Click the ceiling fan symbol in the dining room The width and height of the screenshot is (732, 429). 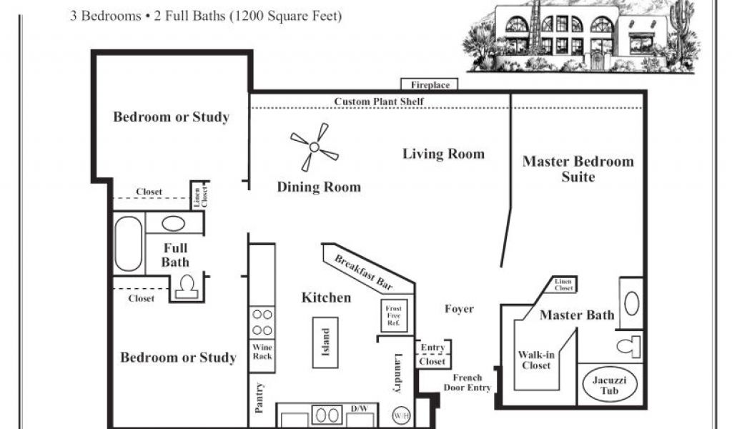pyautogui.click(x=315, y=147)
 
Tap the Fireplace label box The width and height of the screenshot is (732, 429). pyautogui.click(x=430, y=84)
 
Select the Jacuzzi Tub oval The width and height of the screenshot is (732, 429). pyautogui.click(x=609, y=385)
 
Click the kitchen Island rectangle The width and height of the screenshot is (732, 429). pyautogui.click(x=325, y=342)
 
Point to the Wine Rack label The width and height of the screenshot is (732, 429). pyautogui.click(x=262, y=352)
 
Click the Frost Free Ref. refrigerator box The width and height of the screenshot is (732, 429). pyautogui.click(x=394, y=315)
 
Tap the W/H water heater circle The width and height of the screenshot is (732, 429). pyautogui.click(x=401, y=415)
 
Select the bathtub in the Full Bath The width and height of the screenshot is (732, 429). pyautogui.click(x=129, y=243)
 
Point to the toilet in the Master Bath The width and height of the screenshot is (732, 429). pyautogui.click(x=628, y=346)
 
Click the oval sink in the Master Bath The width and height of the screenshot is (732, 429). pyautogui.click(x=632, y=303)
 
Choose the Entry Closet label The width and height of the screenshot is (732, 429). pyautogui.click(x=432, y=355)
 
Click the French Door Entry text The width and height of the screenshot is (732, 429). pyautogui.click(x=468, y=383)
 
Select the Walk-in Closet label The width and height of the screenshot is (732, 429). pyautogui.click(x=536, y=360)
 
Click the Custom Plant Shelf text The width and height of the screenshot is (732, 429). pyautogui.click(x=379, y=102)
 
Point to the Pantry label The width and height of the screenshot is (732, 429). pyautogui.click(x=259, y=398)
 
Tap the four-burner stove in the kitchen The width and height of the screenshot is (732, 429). pyautogui.click(x=262, y=322)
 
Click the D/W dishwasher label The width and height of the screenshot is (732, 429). pyautogui.click(x=360, y=408)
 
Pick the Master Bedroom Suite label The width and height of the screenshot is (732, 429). pyautogui.click(x=578, y=169)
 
